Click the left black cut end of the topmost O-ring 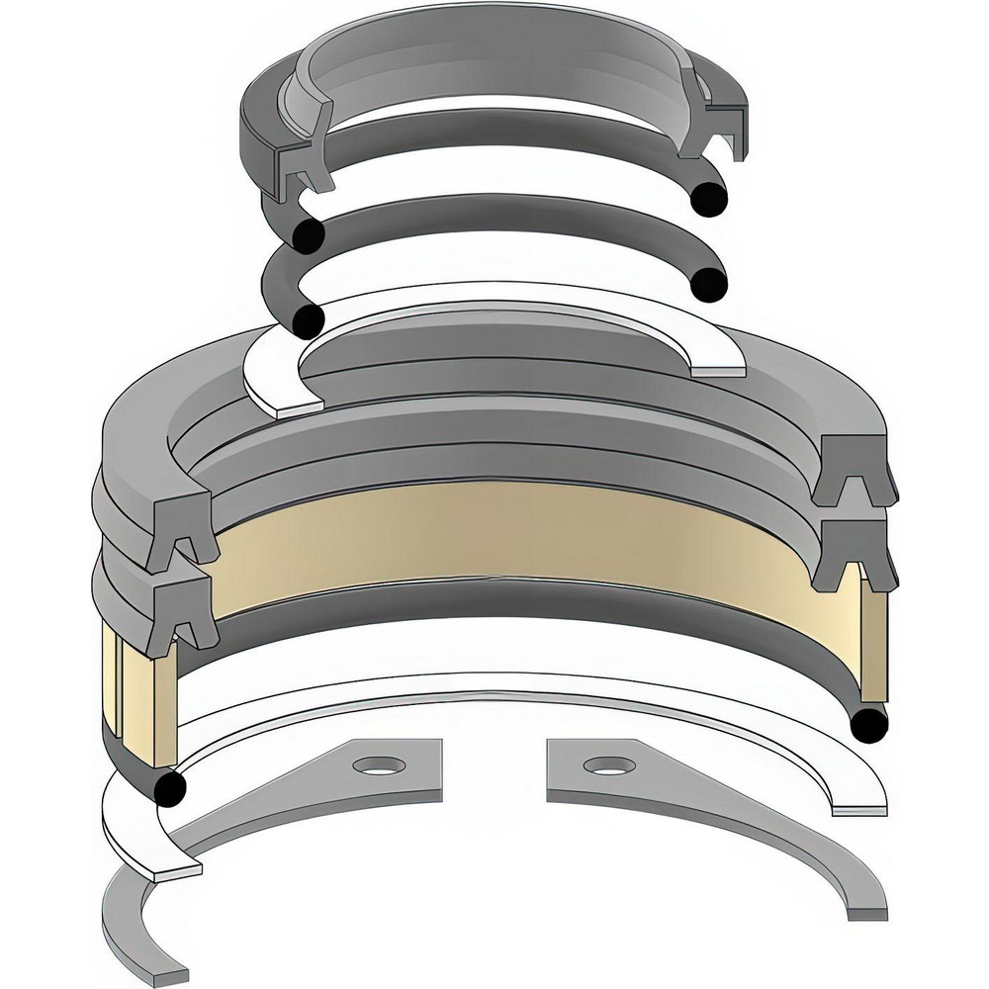tap(309, 234)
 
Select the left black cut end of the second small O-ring tap(309, 320)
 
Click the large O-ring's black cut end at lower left tap(171, 787)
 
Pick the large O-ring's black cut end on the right tap(867, 726)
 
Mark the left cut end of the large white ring tap(178, 874)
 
